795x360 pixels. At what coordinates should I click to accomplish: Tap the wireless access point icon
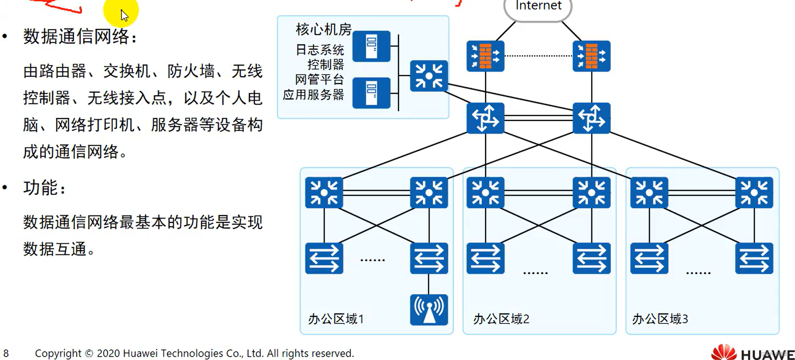click(429, 310)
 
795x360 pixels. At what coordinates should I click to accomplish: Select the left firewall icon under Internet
click(485, 56)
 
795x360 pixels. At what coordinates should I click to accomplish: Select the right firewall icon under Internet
click(591, 56)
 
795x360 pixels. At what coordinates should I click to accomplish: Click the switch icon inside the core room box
click(429, 76)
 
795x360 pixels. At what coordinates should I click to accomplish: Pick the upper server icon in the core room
click(371, 46)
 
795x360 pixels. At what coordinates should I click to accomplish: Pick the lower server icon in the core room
click(371, 93)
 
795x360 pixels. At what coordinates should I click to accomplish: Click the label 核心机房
click(323, 30)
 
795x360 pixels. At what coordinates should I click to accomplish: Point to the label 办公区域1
click(336, 319)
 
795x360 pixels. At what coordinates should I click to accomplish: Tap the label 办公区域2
click(501, 319)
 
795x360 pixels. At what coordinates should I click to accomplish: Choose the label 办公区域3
click(660, 319)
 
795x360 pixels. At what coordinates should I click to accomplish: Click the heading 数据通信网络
click(77, 37)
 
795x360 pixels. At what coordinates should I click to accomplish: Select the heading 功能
click(41, 188)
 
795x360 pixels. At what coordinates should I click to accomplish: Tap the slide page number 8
click(6, 354)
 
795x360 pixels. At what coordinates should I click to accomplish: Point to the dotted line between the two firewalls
click(538, 56)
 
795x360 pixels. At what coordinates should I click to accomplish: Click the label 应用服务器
click(313, 95)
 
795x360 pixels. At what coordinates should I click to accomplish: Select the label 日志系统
click(320, 50)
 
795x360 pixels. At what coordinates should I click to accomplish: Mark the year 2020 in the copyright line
click(108, 354)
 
